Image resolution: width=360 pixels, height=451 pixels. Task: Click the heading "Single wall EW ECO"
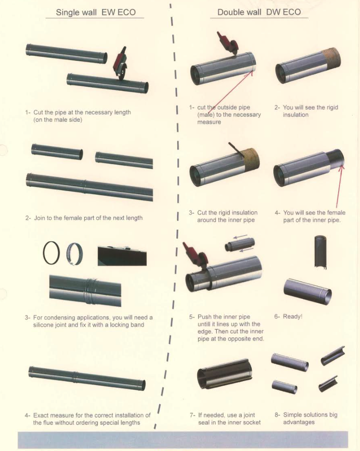[95, 13]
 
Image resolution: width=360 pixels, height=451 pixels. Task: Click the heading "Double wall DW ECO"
[259, 12]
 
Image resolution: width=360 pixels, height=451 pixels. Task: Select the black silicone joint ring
[51, 253]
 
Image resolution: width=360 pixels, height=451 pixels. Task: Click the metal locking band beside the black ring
[74, 254]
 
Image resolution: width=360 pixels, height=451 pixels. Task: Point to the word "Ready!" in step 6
[293, 317]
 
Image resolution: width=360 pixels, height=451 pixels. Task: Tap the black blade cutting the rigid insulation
[236, 150]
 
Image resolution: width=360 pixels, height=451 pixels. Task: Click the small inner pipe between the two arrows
[240, 244]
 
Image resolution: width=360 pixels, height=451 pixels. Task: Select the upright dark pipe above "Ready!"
[321, 252]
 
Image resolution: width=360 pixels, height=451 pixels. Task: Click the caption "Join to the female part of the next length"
[88, 218]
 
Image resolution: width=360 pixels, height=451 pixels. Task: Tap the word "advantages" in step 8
[299, 422]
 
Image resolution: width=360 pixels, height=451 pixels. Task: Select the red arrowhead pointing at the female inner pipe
[341, 167]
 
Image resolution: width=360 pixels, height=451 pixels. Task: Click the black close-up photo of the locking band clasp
[122, 256]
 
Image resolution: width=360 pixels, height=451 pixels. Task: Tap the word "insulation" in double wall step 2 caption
[296, 115]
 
